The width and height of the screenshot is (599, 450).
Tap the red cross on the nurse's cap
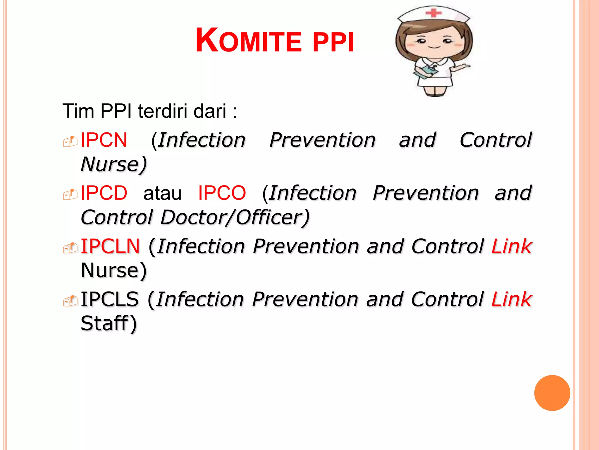[x=433, y=13]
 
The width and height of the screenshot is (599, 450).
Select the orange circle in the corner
[x=552, y=393]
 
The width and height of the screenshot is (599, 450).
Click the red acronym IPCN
[x=104, y=140]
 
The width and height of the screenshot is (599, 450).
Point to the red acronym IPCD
[x=104, y=193]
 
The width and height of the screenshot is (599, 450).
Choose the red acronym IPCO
[x=222, y=193]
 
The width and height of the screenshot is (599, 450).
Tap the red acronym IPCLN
[x=110, y=246]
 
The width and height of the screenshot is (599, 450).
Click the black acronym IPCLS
[x=110, y=299]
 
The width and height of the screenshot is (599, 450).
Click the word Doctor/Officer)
[x=235, y=217]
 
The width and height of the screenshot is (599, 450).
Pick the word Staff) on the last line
[x=109, y=323]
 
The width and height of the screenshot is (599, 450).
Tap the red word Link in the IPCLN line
[x=511, y=246]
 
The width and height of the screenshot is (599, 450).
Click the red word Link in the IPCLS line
[x=511, y=299]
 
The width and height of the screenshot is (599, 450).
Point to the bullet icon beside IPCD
[x=70, y=194]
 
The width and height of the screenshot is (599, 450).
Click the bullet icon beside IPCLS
[x=70, y=301]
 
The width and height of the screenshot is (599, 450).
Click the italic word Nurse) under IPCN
[x=113, y=164]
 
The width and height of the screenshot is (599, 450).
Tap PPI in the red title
[x=333, y=42]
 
